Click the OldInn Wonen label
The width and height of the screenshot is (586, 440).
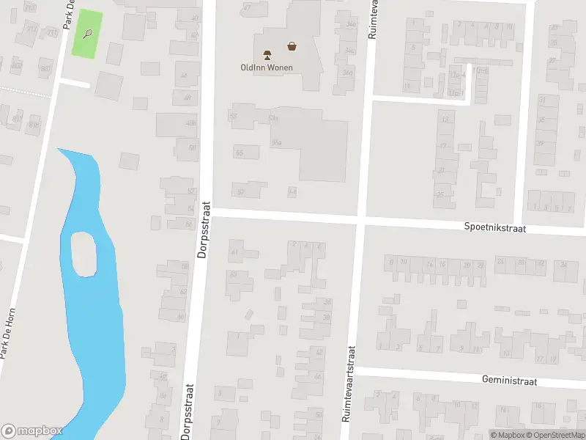pyautogui.click(x=267, y=67)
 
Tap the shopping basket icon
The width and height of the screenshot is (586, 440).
pyautogui.click(x=292, y=46)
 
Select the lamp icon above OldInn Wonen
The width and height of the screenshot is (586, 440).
pyautogui.click(x=267, y=54)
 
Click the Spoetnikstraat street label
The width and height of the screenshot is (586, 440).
pyautogui.click(x=495, y=228)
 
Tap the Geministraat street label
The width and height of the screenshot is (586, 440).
pyautogui.click(x=510, y=381)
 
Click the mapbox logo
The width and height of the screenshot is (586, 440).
pyautogui.click(x=31, y=431)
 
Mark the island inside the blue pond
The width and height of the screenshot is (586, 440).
pyautogui.click(x=83, y=254)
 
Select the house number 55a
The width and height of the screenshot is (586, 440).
pyautogui.click(x=277, y=144)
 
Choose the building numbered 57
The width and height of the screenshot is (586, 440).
pyautogui.click(x=241, y=191)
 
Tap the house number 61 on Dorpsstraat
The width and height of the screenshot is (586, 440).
pyautogui.click(x=235, y=252)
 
